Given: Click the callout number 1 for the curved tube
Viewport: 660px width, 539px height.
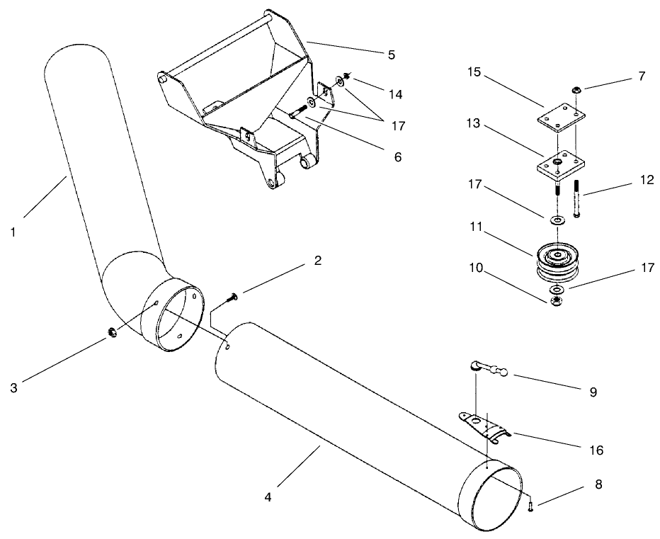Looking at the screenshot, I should pyautogui.click(x=13, y=232).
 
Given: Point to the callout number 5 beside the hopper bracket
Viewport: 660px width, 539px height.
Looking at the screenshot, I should pyautogui.click(x=391, y=55).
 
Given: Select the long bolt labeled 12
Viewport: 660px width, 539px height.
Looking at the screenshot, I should pyautogui.click(x=576, y=200).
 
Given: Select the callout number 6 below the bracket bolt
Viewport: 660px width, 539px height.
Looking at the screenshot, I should pyautogui.click(x=397, y=157).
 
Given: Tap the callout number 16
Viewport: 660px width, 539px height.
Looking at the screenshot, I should pyautogui.click(x=597, y=450).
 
